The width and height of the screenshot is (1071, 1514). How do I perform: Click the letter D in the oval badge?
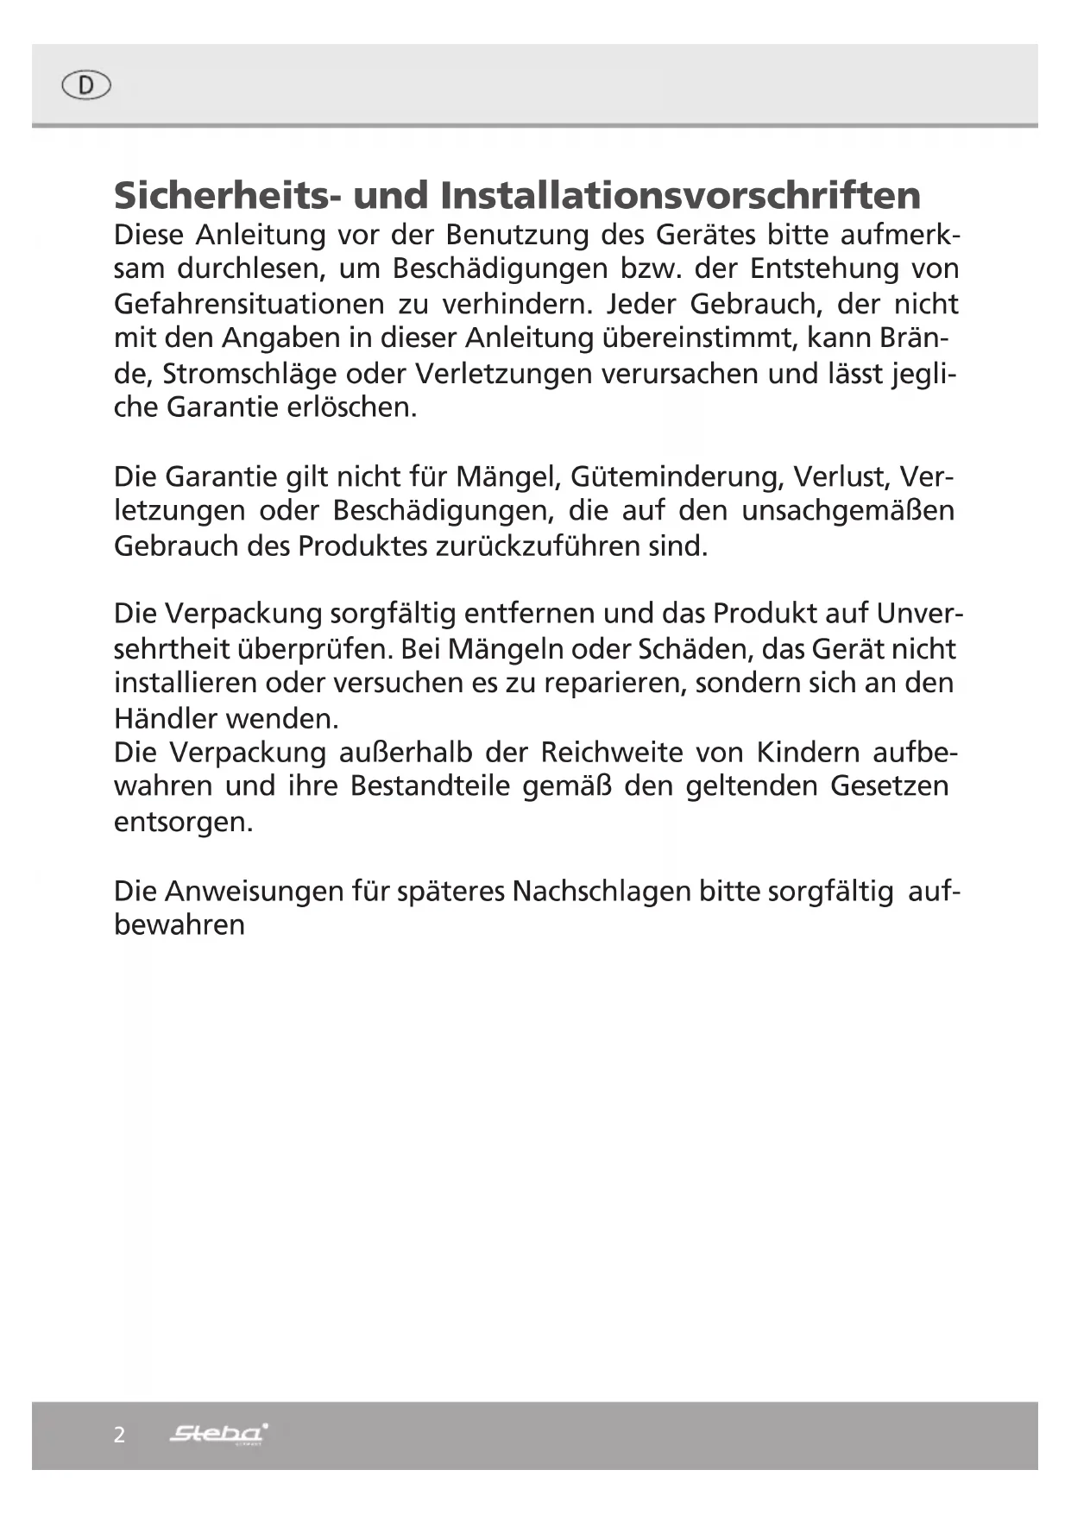click(86, 85)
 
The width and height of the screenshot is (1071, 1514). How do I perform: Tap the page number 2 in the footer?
click(119, 1435)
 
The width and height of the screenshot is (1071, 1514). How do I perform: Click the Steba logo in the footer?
click(218, 1435)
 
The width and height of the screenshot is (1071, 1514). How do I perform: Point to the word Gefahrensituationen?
click(249, 305)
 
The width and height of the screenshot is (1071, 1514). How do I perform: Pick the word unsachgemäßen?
click(847, 511)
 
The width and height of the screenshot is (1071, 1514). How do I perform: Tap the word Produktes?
click(362, 546)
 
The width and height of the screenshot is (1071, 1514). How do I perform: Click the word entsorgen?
click(183, 822)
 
